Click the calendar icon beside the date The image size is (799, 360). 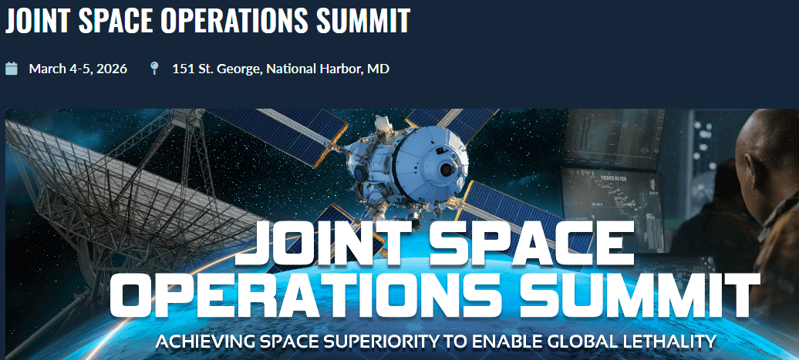click(x=12, y=69)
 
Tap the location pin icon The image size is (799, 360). click(x=154, y=69)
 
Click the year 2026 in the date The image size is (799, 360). click(x=111, y=69)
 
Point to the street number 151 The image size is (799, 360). click(x=183, y=69)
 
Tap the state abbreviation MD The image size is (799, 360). click(x=378, y=69)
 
